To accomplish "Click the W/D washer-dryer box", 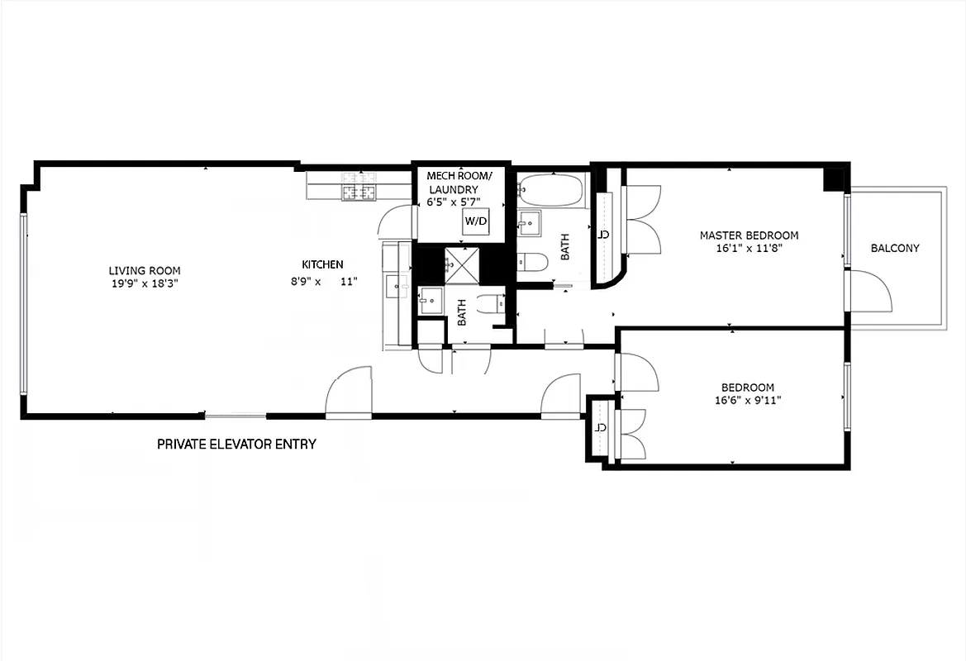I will pos(474,221).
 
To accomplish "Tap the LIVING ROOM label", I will pos(145,270).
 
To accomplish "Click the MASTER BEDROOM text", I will pos(749,235).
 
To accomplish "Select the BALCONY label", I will pos(894,248).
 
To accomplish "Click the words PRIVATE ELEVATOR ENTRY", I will pos(236,444).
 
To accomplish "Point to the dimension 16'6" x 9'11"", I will pos(748,401).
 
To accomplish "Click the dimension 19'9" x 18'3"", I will pos(145,283).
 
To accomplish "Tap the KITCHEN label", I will pos(322,264).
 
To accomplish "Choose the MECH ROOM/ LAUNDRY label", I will pos(459,183).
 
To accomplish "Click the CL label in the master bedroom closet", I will pos(603,235).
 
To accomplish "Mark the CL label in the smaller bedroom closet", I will pos(602,428).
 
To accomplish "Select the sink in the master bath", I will pos(529,221).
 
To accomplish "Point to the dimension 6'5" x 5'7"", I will pos(453,202).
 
